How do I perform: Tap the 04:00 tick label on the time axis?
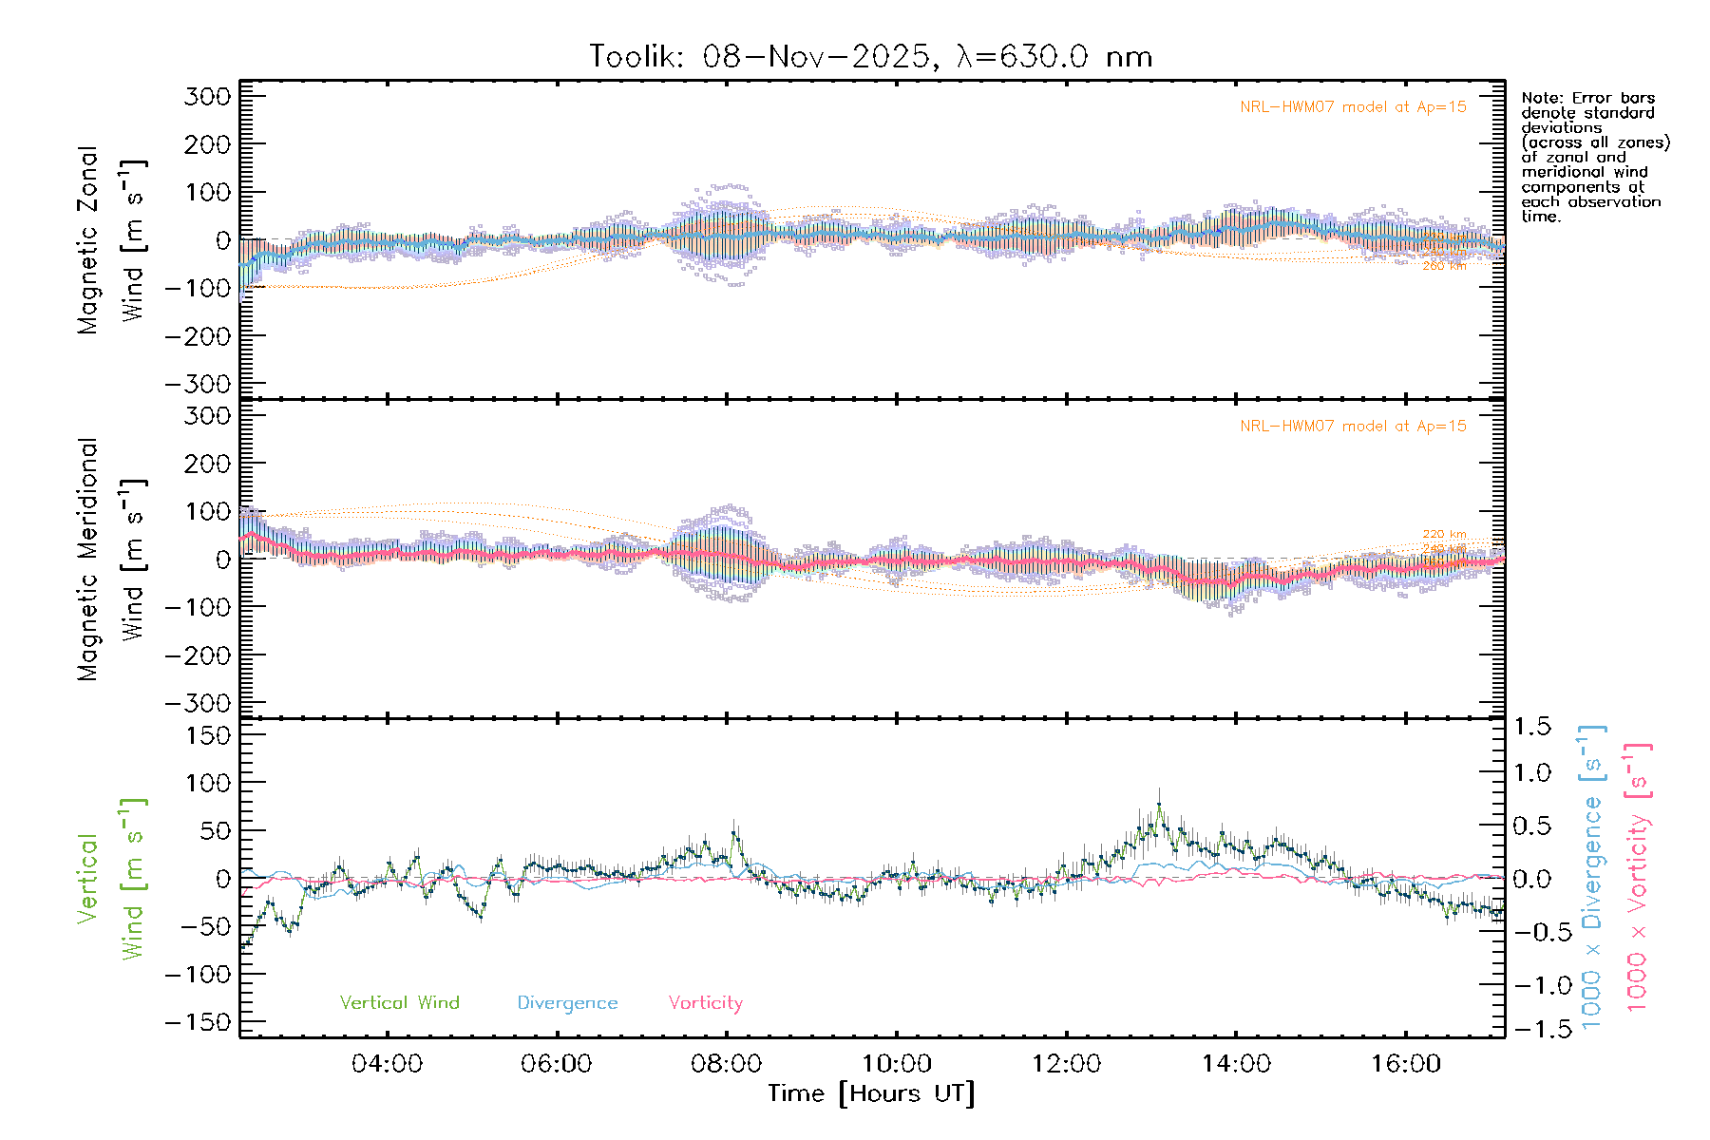tap(387, 1064)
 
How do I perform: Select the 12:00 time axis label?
tap(1066, 1064)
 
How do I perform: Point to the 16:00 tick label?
tap(1405, 1064)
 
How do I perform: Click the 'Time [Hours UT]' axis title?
tap(870, 1093)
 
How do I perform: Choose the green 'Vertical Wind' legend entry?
tap(399, 1003)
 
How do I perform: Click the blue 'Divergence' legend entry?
tap(567, 1003)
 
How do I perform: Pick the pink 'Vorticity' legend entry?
tap(705, 1003)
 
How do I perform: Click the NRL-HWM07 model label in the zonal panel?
tap(1353, 107)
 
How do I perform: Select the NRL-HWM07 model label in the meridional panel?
tap(1353, 427)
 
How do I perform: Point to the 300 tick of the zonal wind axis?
tap(207, 97)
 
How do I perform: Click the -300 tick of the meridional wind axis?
tap(198, 704)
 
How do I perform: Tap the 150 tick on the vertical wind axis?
tap(207, 735)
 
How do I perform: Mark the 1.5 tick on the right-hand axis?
tap(1531, 727)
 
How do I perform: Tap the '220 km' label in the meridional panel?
tap(1444, 535)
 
